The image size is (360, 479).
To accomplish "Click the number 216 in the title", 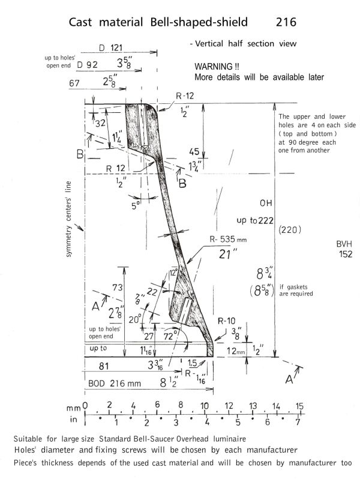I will [286, 22].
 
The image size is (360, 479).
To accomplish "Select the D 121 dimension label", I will [109, 47].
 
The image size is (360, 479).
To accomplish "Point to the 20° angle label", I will [139, 319].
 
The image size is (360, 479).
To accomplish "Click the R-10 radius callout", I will [226, 321].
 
